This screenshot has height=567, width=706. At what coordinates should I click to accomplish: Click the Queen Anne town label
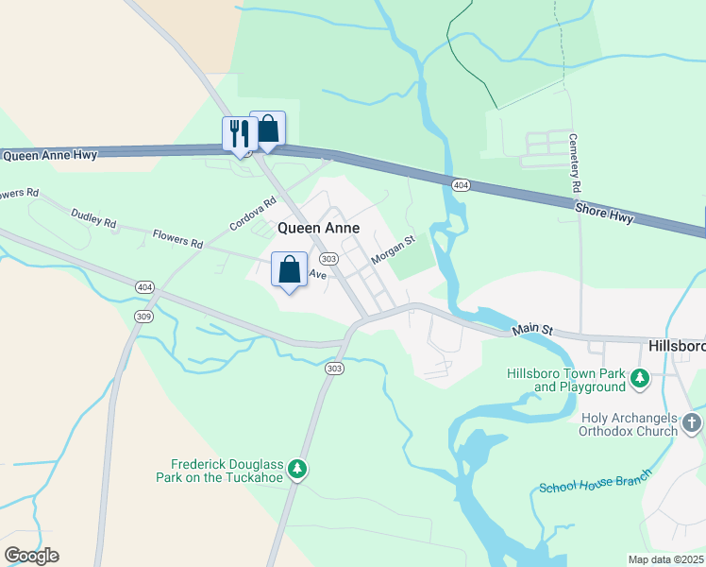pos(317,229)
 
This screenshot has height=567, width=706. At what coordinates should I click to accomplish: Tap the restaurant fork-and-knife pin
pos(239,133)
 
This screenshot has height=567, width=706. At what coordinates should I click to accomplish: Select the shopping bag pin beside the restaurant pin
pos(268,129)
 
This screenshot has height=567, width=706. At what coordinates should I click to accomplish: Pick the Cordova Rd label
pos(252,215)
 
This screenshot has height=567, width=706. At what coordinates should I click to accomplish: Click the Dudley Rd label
pos(93,218)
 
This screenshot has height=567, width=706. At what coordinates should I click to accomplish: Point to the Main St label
pos(531,330)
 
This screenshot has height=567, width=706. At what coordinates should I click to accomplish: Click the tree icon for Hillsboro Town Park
pos(640,379)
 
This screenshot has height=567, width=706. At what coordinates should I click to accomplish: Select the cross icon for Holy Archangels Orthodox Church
pos(692,423)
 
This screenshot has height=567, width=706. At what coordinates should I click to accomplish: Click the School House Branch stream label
pos(595,482)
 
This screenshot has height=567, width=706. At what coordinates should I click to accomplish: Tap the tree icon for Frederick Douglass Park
pos(297,469)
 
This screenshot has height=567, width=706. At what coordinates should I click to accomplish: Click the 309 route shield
pos(143,316)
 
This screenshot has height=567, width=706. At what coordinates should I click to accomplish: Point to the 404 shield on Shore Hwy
pos(461,185)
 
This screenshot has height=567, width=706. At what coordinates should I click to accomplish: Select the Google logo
pos(31,556)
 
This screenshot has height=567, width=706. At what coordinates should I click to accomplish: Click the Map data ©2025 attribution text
pos(666,558)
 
